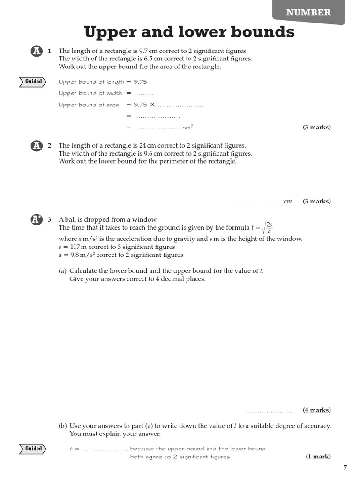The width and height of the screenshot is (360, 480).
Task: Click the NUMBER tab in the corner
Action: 308,13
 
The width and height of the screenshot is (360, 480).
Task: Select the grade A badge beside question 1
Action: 37,51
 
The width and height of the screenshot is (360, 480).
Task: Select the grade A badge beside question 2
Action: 37,146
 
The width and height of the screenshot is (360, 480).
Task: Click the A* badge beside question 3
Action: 37,219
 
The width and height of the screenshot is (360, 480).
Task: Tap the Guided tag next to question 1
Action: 33,82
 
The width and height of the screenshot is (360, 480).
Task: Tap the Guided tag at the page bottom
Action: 33,449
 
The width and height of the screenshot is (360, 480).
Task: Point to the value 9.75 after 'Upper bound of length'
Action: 141,82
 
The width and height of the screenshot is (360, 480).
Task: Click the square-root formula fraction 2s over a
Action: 269,228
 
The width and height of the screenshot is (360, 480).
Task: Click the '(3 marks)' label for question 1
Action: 317,127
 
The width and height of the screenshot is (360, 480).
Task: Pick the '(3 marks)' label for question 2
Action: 317,202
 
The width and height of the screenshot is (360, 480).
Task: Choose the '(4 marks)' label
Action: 317,410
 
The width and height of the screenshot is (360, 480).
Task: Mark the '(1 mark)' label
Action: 318,457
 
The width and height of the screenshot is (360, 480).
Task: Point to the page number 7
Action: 345,467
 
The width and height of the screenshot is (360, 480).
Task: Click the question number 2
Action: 50,146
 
